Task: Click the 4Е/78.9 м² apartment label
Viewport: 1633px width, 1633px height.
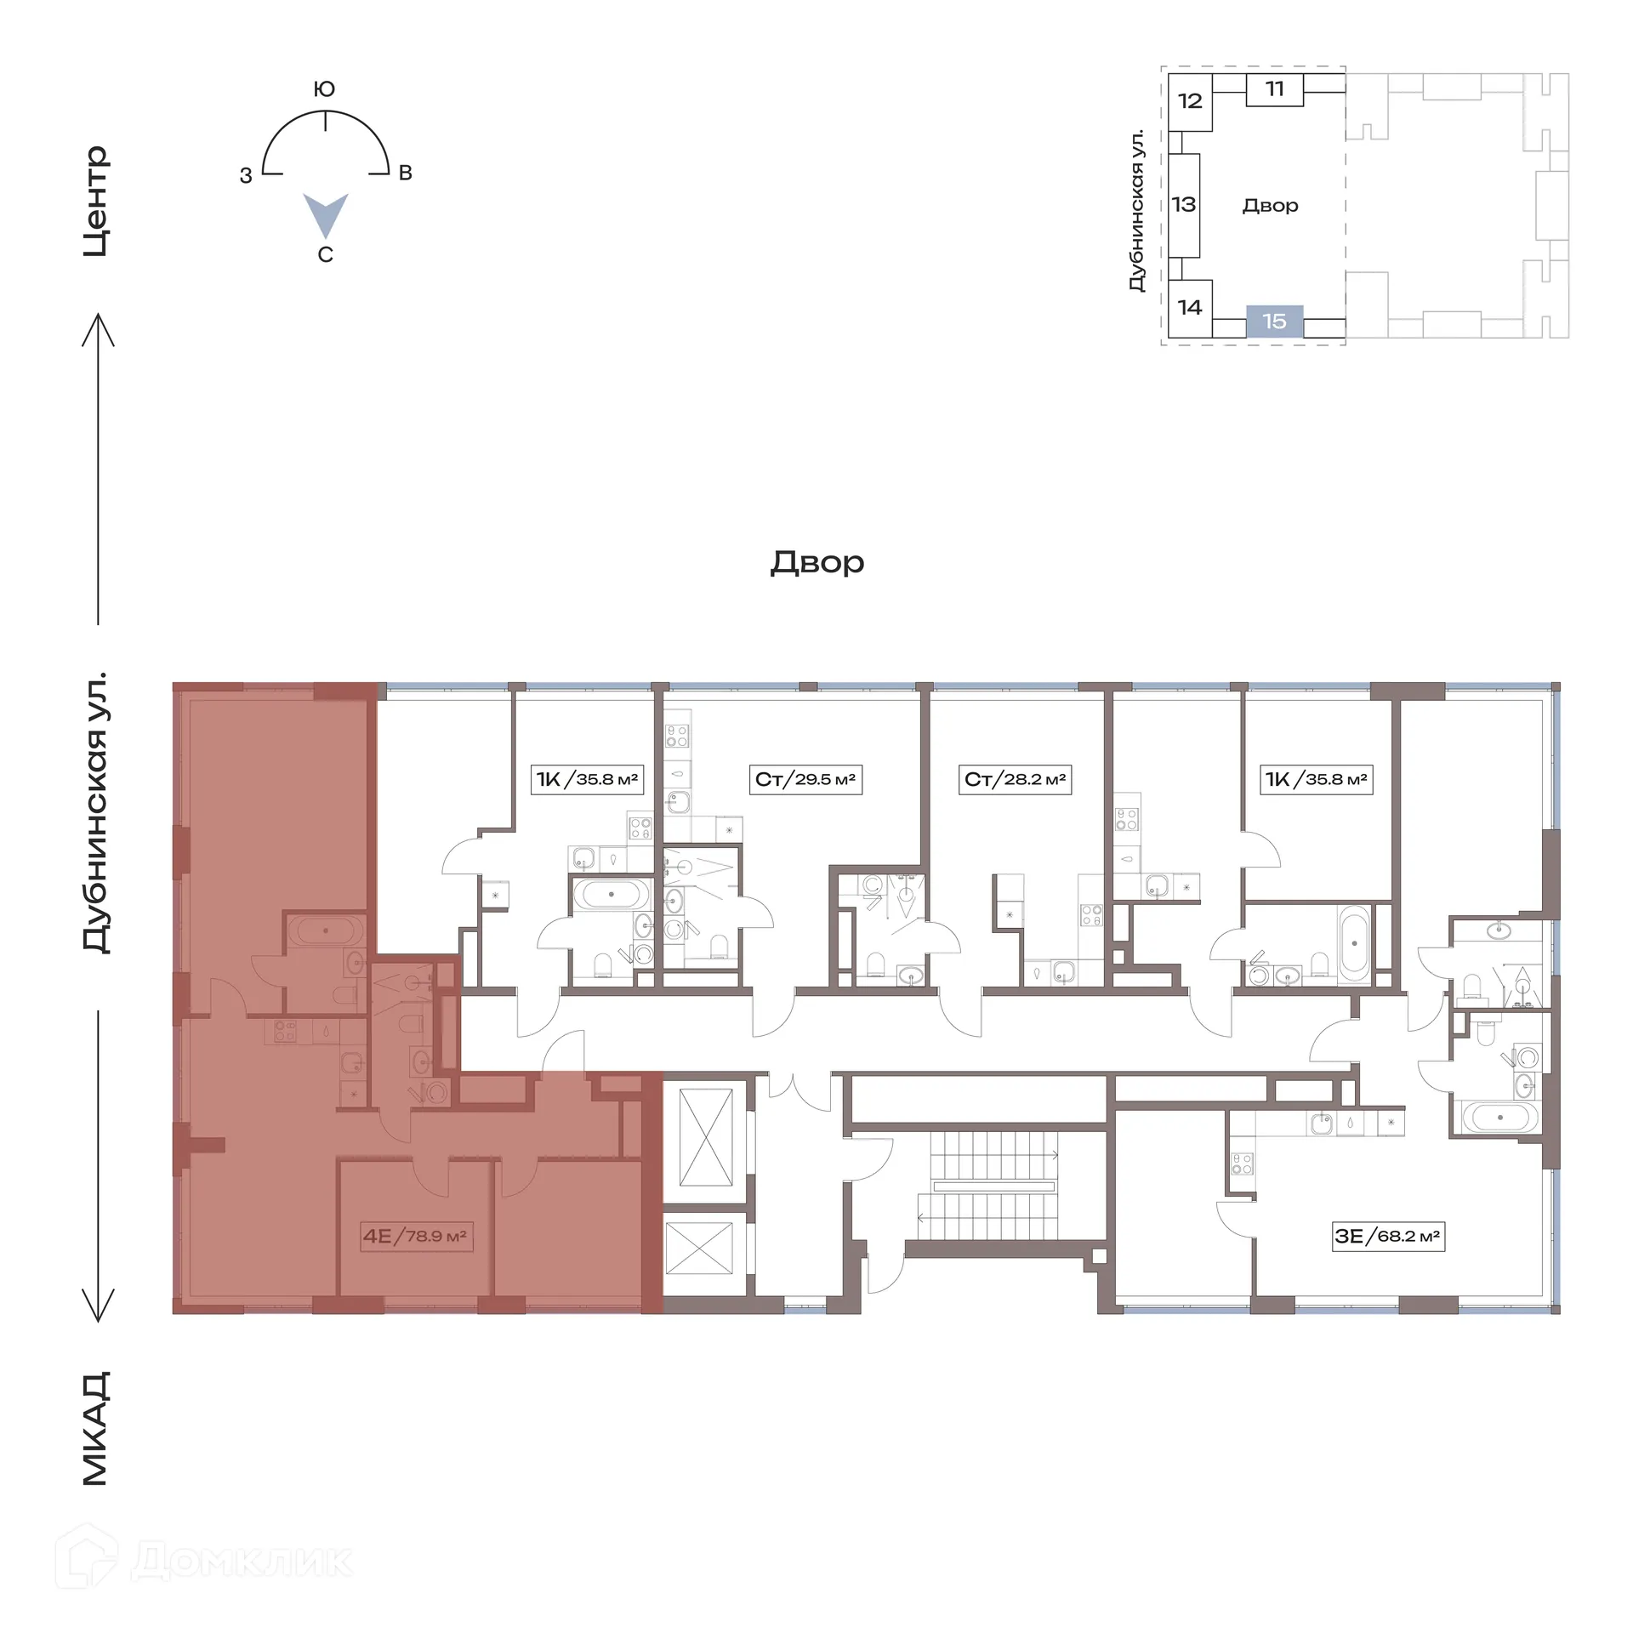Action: (415, 1236)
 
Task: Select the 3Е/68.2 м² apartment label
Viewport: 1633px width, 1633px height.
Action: (1387, 1236)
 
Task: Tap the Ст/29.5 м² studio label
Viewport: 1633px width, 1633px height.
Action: (805, 779)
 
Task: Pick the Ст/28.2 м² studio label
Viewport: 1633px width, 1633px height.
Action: (1015, 779)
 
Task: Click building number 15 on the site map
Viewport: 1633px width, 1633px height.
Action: (1274, 321)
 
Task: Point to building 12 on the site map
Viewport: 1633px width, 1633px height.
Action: (1189, 101)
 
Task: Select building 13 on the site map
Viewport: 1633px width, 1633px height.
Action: (1183, 205)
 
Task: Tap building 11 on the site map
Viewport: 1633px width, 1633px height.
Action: (1274, 89)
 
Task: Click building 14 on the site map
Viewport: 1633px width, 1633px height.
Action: (1189, 307)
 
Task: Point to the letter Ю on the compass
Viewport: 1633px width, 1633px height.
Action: (324, 89)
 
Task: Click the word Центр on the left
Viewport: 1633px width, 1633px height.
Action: (96, 201)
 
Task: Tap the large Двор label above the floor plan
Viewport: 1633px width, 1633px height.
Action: (816, 562)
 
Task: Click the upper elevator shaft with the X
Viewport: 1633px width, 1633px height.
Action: (706, 1137)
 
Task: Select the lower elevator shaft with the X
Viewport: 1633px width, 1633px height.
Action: (698, 1249)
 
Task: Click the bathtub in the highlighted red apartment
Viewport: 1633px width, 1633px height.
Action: (326, 930)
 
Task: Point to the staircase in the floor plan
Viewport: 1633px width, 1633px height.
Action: (992, 1186)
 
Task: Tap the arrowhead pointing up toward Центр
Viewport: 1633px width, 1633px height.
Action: (98, 327)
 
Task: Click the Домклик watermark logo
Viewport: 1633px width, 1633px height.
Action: (204, 1561)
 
